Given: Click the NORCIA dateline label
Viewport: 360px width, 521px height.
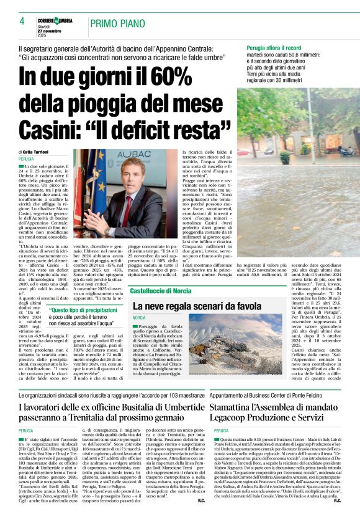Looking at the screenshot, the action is pos(138,318).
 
